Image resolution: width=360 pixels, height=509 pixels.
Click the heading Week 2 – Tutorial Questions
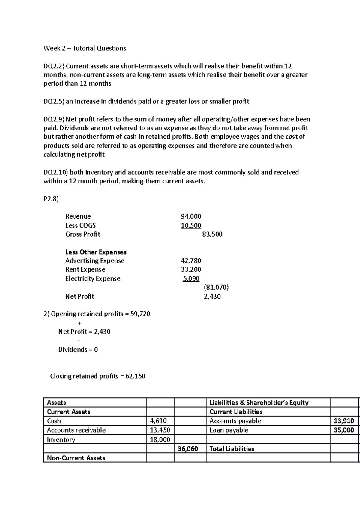(85, 48)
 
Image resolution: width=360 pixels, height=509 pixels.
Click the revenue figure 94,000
(191, 216)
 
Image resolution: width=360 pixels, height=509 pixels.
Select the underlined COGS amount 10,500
(191, 225)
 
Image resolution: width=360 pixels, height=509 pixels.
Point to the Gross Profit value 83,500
(212, 234)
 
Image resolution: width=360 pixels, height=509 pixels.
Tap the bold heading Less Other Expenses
(96, 252)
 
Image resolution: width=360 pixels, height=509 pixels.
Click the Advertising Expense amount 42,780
(191, 261)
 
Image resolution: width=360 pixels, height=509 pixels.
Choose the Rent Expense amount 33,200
(191, 269)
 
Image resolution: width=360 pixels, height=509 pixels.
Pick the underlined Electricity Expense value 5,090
(191, 278)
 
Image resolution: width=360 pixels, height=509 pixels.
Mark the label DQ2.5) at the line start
(54, 102)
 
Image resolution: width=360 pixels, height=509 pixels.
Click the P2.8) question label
(51, 199)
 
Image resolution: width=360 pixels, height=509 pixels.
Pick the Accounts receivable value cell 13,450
(160, 430)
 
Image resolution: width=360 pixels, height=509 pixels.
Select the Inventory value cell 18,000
(160, 440)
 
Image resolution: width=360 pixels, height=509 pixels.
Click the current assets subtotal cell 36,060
(188, 449)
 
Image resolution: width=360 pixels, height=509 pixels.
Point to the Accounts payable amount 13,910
(344, 421)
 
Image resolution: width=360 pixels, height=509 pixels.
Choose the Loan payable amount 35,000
(344, 430)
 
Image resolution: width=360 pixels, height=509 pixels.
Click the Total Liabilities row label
(232, 449)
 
